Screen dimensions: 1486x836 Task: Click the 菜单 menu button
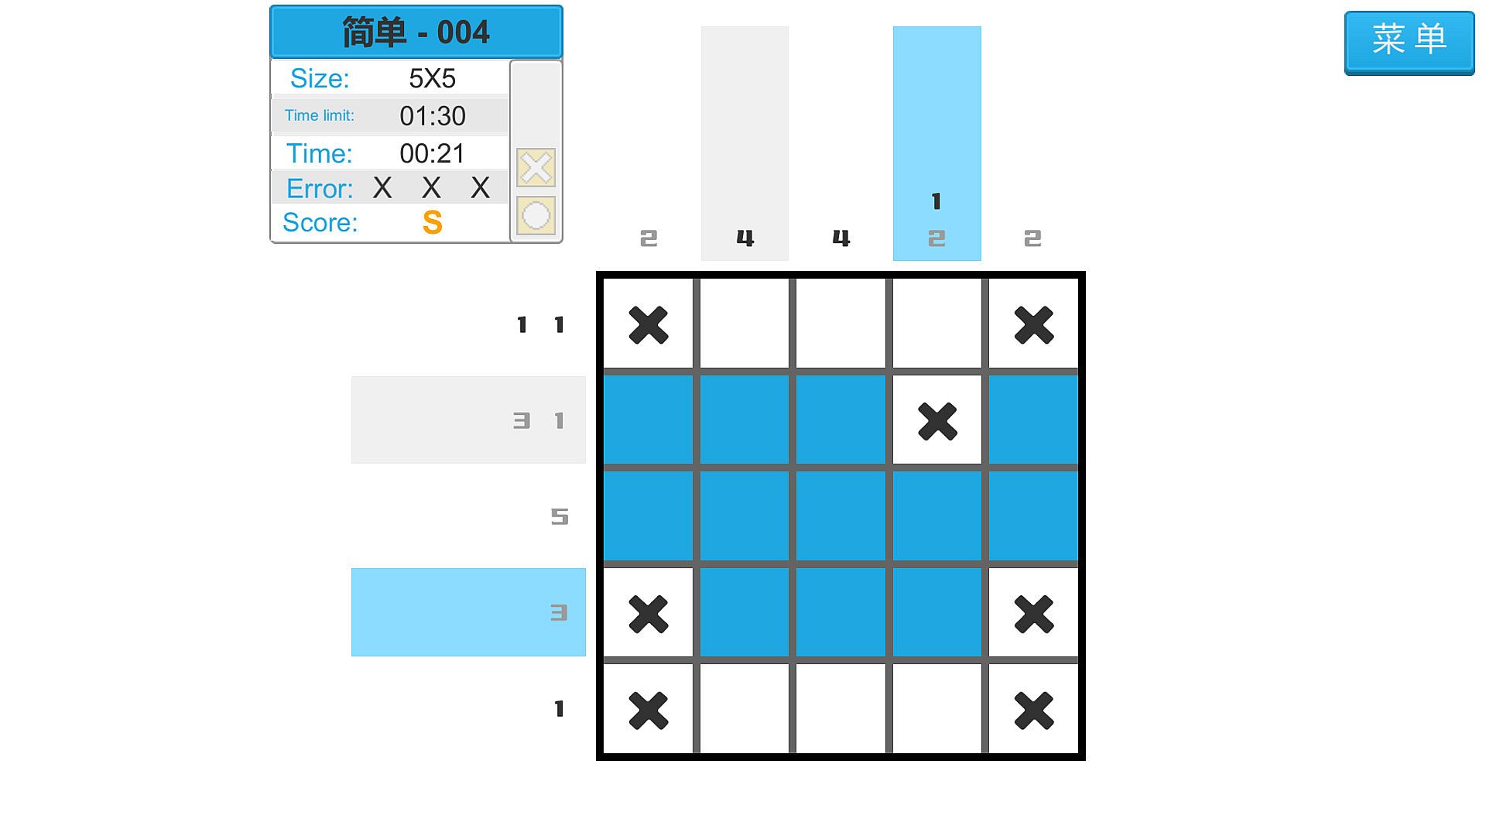point(1409,43)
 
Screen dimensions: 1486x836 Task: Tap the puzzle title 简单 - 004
point(416,33)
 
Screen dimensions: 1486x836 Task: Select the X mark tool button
point(536,168)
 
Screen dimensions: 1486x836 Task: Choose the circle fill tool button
point(536,216)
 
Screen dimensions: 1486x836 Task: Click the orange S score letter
point(433,223)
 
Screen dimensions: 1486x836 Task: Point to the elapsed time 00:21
point(433,153)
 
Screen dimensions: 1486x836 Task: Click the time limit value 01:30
point(433,116)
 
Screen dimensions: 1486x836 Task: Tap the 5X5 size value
point(432,78)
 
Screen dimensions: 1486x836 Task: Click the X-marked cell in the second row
point(937,420)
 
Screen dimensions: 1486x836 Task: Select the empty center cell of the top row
point(841,324)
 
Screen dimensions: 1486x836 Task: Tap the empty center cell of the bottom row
point(841,709)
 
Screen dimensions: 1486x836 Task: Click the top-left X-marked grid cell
point(649,324)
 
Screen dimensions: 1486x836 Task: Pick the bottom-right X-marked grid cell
point(1033,709)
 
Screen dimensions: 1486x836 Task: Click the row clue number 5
point(560,516)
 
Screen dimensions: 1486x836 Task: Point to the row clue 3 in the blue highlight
point(559,613)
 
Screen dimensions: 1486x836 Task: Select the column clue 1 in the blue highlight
point(936,201)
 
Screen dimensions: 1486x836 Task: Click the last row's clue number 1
point(559,709)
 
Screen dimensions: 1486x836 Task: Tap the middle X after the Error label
point(431,187)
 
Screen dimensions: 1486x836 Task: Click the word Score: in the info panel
point(320,223)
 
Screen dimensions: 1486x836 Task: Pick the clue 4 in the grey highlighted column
point(745,238)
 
